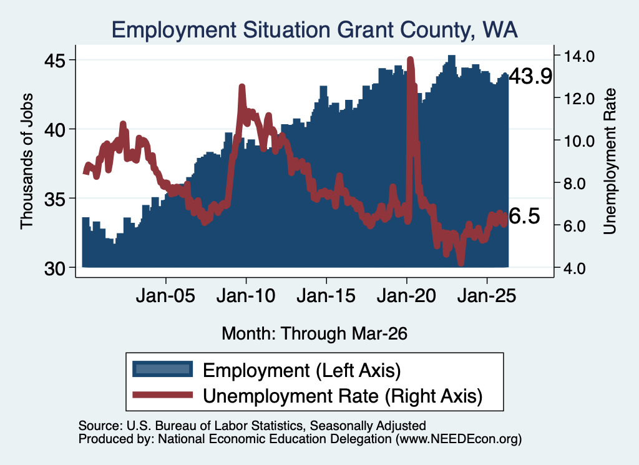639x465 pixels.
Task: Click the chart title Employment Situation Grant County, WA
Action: (x=315, y=30)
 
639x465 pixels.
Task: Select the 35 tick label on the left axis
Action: (x=55, y=199)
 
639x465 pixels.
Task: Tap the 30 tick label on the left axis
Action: (x=55, y=268)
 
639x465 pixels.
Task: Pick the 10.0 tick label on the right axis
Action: (x=578, y=141)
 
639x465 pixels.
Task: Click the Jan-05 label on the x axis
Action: (x=165, y=295)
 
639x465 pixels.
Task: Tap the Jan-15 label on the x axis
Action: (x=326, y=295)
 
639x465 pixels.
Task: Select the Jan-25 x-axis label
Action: (x=487, y=295)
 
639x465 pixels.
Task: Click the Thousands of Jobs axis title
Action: (x=26, y=161)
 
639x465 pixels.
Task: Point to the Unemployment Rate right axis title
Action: (x=610, y=162)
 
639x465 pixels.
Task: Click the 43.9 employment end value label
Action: (x=530, y=76)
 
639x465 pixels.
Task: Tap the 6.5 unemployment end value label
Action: (x=524, y=216)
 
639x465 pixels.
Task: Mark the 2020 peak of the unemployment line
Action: (x=411, y=59)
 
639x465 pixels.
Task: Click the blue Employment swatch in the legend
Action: (x=163, y=369)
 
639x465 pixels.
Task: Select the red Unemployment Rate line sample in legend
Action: (x=163, y=394)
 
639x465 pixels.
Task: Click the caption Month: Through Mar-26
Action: (x=315, y=333)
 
